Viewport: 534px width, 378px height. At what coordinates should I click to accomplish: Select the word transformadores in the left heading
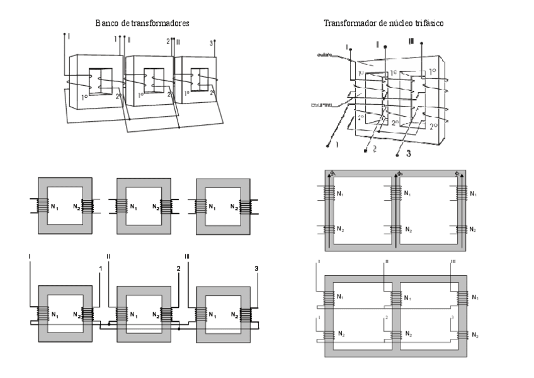click(x=160, y=23)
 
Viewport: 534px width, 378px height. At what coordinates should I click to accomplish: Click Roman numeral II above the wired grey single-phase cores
click(x=108, y=256)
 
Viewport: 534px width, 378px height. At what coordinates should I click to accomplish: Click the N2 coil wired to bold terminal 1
click(x=90, y=313)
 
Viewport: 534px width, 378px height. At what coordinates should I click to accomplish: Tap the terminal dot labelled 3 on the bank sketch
click(x=215, y=42)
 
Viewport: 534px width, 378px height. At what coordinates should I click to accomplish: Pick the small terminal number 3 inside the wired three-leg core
click(x=451, y=317)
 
